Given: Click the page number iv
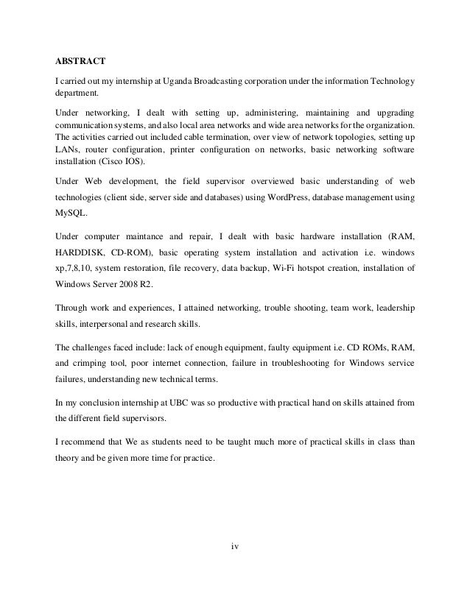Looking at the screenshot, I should pos(235,546).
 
